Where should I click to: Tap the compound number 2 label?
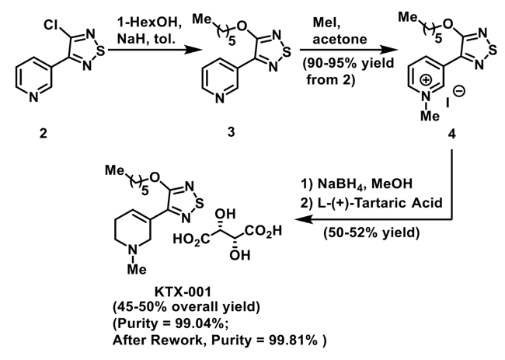(44, 133)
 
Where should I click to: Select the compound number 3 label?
(232, 132)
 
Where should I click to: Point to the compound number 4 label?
(452, 134)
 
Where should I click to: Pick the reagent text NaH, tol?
(146, 40)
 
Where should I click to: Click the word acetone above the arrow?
(340, 40)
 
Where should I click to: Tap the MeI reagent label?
(326, 23)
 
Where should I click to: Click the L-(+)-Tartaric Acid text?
(379, 203)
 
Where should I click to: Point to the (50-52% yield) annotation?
(371, 232)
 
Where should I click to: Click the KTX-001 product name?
(183, 292)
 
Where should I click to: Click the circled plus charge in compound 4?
(426, 80)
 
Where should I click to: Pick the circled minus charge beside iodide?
(459, 91)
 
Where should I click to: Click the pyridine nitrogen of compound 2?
(33, 97)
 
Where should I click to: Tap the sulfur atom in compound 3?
(287, 52)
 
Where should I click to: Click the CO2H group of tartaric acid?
(263, 231)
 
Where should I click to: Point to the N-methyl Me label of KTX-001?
(137, 269)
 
